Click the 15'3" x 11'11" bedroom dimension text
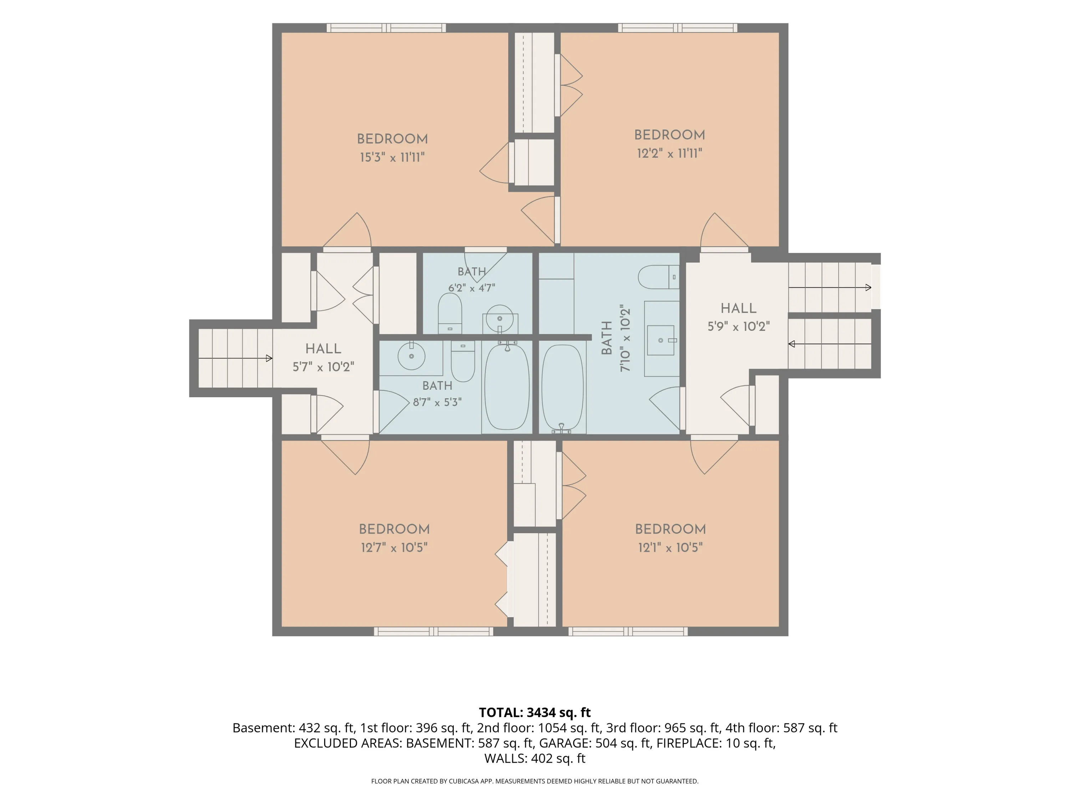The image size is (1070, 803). click(x=392, y=157)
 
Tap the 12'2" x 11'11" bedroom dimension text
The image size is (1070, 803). click(x=669, y=153)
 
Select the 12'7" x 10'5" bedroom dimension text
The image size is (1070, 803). click(x=394, y=547)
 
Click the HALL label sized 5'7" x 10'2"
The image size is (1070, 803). click(x=323, y=348)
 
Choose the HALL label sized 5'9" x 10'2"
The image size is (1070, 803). click(x=738, y=308)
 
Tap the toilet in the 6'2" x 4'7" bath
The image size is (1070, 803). click(x=450, y=313)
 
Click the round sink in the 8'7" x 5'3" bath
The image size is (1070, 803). click(x=411, y=356)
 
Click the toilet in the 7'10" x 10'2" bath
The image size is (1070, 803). click(x=658, y=277)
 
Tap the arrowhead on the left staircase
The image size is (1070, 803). click(x=269, y=358)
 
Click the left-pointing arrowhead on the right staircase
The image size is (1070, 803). click(x=791, y=344)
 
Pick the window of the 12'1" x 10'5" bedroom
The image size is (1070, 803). click(x=628, y=631)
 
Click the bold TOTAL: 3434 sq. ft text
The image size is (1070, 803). click(x=535, y=712)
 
